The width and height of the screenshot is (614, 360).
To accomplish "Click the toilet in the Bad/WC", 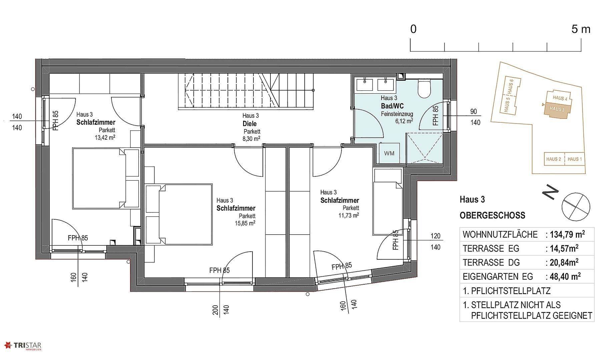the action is point(424,88).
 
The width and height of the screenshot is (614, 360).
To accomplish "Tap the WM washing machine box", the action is point(389,153).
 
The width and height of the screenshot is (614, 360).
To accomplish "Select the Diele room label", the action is point(250,124).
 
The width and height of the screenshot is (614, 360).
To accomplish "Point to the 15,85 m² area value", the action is point(245,223).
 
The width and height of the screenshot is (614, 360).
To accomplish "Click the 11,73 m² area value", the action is point(349,215).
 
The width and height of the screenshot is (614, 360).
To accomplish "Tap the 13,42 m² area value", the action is point(105,137).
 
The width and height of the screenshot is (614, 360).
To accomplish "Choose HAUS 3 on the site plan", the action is point(557,109).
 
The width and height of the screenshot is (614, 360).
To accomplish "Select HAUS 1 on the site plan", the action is point(575,159).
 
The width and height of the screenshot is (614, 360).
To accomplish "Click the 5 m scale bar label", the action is point(581,29).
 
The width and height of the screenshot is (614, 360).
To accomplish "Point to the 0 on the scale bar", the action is point(413,29).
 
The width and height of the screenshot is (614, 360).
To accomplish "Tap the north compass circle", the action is point(576,207).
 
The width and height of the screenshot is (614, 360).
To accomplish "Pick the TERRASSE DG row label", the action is point(491,263).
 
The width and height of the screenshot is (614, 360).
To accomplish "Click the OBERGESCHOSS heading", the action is point(492,215).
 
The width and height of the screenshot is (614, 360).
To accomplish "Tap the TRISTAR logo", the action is point(22,346).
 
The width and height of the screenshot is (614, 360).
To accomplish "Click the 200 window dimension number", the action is point(215,310).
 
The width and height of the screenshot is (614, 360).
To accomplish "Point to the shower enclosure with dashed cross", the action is point(424,148).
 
